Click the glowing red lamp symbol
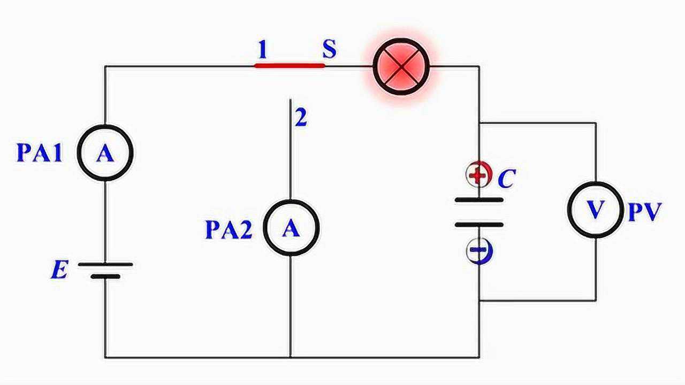(x=401, y=66)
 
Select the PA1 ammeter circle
(x=105, y=153)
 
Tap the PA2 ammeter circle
(x=291, y=228)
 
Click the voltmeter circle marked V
(x=595, y=210)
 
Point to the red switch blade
(x=289, y=66)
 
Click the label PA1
(x=40, y=153)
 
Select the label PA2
(x=229, y=230)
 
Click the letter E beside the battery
(x=59, y=271)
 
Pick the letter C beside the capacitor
(x=506, y=179)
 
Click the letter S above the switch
(x=329, y=49)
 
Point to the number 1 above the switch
(x=262, y=50)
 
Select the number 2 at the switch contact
(x=301, y=119)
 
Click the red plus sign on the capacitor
(x=478, y=174)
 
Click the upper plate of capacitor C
(x=479, y=200)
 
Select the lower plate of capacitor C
(x=479, y=225)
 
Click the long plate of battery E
(x=105, y=264)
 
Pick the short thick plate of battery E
(x=105, y=276)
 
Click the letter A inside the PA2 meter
(x=291, y=229)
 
